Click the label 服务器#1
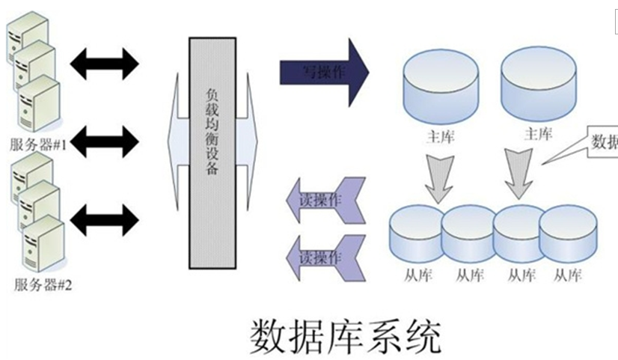pos(39,145)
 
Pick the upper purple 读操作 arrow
pos(325,201)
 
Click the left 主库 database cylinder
pos(439,85)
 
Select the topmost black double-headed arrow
pos(105,63)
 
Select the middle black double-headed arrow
pos(105,140)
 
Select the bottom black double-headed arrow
pos(105,219)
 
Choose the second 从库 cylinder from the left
pos(468,235)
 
